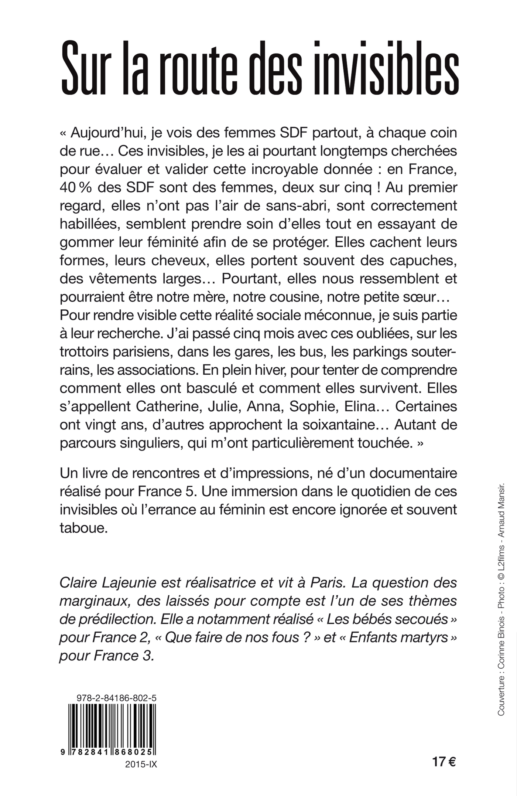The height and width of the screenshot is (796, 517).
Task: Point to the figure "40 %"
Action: coord(76,188)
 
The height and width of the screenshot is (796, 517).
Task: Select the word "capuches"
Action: coord(421,261)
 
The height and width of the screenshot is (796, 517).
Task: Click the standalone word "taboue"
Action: coord(83,528)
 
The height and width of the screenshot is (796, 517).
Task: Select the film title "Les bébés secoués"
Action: coord(387,619)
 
